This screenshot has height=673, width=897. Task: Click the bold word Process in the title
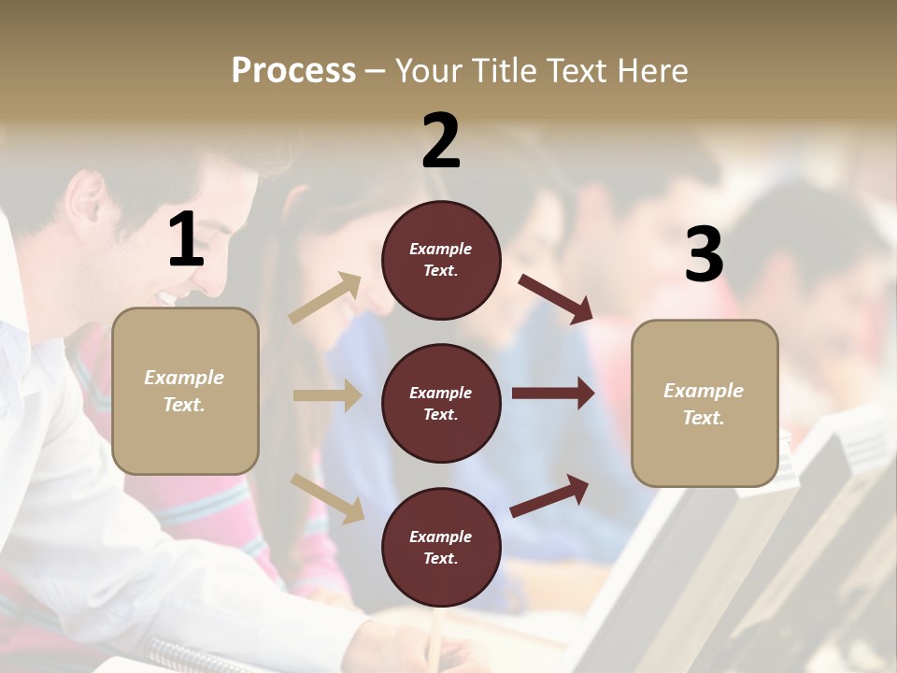(x=293, y=71)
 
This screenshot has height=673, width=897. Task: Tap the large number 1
(x=186, y=240)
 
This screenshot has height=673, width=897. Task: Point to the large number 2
(x=441, y=142)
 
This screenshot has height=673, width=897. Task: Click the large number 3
(x=704, y=254)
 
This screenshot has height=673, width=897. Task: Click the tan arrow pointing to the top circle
(x=325, y=298)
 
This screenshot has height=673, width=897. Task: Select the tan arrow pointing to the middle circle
(x=327, y=395)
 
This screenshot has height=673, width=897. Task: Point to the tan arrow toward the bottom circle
(x=327, y=498)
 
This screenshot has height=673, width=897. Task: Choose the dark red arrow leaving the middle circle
(x=553, y=394)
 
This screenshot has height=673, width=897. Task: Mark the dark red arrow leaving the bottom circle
(x=549, y=495)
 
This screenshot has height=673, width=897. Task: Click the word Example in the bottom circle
(x=440, y=537)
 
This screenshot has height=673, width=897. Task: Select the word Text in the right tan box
(x=702, y=418)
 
